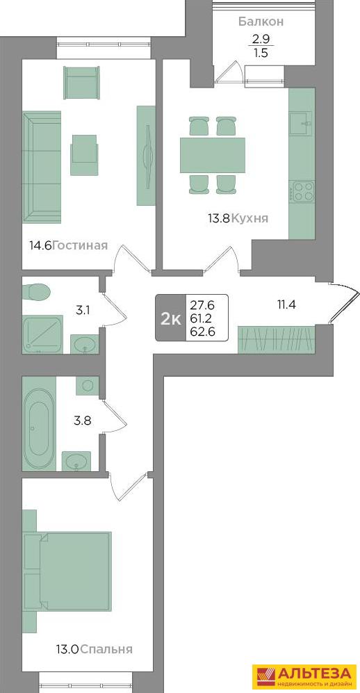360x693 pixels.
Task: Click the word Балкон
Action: (261, 22)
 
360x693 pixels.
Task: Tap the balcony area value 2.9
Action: (260, 38)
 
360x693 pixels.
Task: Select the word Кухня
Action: (250, 218)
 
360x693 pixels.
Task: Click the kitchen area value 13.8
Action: (219, 218)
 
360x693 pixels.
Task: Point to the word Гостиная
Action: (80, 245)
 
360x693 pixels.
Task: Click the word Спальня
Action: (107, 649)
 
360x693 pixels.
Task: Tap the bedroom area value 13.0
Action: (67, 649)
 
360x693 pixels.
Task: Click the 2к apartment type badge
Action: (170, 318)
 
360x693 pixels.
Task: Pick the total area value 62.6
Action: (202, 332)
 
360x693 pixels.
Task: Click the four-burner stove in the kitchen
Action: (302, 192)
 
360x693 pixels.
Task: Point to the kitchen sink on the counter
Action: (302, 123)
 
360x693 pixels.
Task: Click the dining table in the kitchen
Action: (213, 155)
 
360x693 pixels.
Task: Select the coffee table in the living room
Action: (84, 149)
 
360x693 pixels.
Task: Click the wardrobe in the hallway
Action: (277, 339)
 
